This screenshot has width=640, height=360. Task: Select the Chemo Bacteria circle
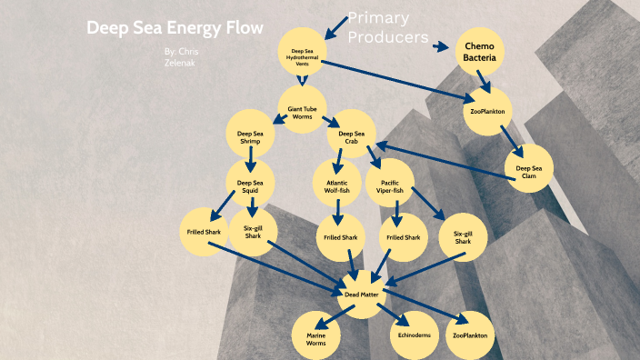pyautogui.click(x=479, y=54)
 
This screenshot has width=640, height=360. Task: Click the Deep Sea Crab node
pyautogui.click(x=351, y=136)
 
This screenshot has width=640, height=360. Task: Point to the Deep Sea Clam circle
pyautogui.click(x=528, y=170)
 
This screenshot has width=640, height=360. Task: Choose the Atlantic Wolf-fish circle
pyautogui.click(x=337, y=186)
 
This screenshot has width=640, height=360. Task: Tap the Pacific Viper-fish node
pyautogui.click(x=391, y=186)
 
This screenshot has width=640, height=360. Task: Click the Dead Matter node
pyautogui.click(x=362, y=295)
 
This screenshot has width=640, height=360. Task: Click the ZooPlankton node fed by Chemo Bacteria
pyautogui.click(x=487, y=112)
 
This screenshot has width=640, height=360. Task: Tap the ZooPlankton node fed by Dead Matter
pyautogui.click(x=469, y=335)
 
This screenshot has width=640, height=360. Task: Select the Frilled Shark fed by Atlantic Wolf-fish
pyautogui.click(x=337, y=237)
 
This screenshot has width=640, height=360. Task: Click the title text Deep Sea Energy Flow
pyautogui.click(x=175, y=28)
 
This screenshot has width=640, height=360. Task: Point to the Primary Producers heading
pyautogui.click(x=388, y=28)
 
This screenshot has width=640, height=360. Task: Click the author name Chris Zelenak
pyautogui.click(x=183, y=57)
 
